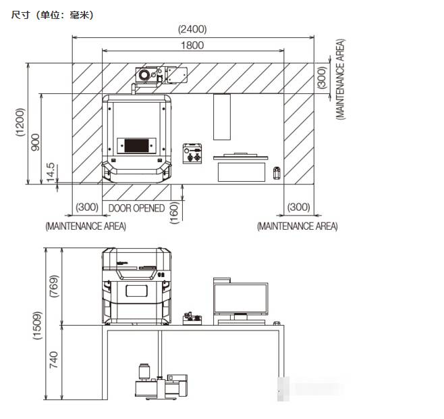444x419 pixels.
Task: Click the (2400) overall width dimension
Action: coord(192,29)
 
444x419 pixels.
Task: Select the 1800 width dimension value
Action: coord(192,45)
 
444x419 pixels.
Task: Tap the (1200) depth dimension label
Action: coord(20,122)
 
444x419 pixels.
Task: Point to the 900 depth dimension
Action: coord(35,142)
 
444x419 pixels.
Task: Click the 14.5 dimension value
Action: coord(50,172)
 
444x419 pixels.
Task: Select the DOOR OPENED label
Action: coord(136,208)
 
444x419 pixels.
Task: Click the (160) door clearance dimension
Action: coord(174,212)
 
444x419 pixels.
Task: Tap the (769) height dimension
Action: coord(54,286)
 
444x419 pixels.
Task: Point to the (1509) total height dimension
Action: coord(37,325)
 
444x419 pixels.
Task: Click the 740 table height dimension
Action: coord(54,360)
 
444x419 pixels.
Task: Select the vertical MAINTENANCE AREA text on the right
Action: coord(340,79)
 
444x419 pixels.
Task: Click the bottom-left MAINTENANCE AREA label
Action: coord(86,226)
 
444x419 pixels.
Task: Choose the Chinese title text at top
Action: coord(52,15)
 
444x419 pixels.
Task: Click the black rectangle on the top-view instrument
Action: coord(136,145)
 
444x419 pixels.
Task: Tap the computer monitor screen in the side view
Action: coord(241,299)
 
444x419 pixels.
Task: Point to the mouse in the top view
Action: coord(277,173)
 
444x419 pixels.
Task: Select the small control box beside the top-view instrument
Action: coord(192,153)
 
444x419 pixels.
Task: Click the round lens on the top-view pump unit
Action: coord(144,74)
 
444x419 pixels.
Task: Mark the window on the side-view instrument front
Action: coord(136,291)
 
